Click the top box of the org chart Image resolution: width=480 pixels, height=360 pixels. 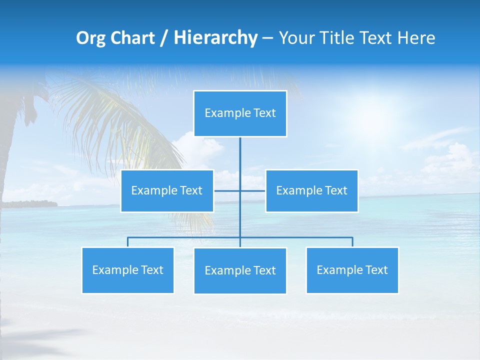coord(240,113)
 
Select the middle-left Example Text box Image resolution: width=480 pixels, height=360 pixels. coord(167,191)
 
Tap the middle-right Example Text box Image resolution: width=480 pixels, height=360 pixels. coord(311,191)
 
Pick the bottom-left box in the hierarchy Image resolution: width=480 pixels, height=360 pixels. coord(127,270)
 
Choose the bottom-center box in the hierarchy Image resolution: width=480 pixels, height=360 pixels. coord(240,271)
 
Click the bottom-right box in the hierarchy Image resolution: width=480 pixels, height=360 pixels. coord(352,270)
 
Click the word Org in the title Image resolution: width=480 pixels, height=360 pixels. coord(90,38)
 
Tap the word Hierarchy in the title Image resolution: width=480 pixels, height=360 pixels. coord(215,38)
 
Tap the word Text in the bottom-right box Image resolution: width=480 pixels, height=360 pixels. coord(376,270)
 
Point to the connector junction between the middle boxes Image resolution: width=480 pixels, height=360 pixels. coord(240,190)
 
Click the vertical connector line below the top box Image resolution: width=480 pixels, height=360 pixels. coord(240,155)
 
